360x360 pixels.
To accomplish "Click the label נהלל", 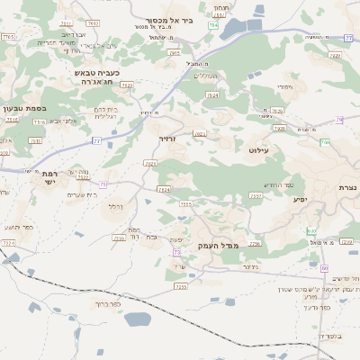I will point(115,207).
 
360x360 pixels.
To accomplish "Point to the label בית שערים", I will point(83,194).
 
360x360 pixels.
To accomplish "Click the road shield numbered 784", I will point(212,26).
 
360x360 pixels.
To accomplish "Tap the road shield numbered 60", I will point(324,268).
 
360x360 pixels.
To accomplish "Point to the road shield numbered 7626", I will point(276,112).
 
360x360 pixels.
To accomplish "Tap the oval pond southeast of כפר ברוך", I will point(137,319).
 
